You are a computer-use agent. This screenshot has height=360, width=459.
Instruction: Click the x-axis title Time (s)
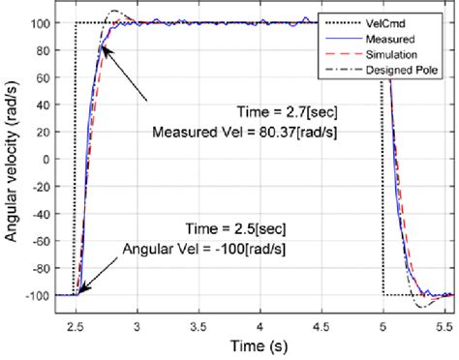click(257, 344)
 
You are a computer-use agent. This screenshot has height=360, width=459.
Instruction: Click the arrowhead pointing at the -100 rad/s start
click(79, 290)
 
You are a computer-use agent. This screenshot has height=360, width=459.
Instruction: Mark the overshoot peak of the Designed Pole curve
click(115, 12)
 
